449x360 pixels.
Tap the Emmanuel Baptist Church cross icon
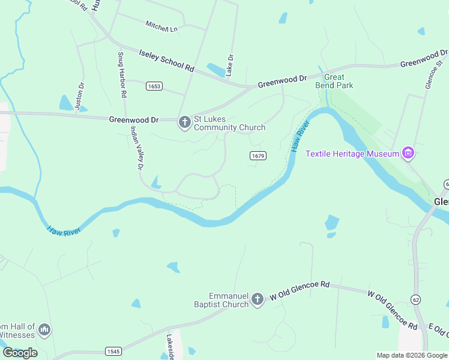[258, 299]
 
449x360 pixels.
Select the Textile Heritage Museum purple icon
[409, 154]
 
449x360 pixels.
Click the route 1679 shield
[258, 155]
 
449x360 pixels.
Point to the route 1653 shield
[154, 86]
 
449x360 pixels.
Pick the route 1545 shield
[113, 350]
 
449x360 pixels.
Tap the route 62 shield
[415, 299]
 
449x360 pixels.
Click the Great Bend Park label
[334, 81]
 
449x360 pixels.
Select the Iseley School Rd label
[167, 60]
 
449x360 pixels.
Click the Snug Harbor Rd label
[122, 75]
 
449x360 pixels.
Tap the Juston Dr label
[80, 97]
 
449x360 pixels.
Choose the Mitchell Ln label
[161, 26]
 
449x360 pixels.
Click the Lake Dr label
[230, 65]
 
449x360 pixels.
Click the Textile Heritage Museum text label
[352, 154]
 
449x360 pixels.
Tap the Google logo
[20, 353]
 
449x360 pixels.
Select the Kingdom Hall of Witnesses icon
[44, 329]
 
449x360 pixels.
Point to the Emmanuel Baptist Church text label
[228, 300]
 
